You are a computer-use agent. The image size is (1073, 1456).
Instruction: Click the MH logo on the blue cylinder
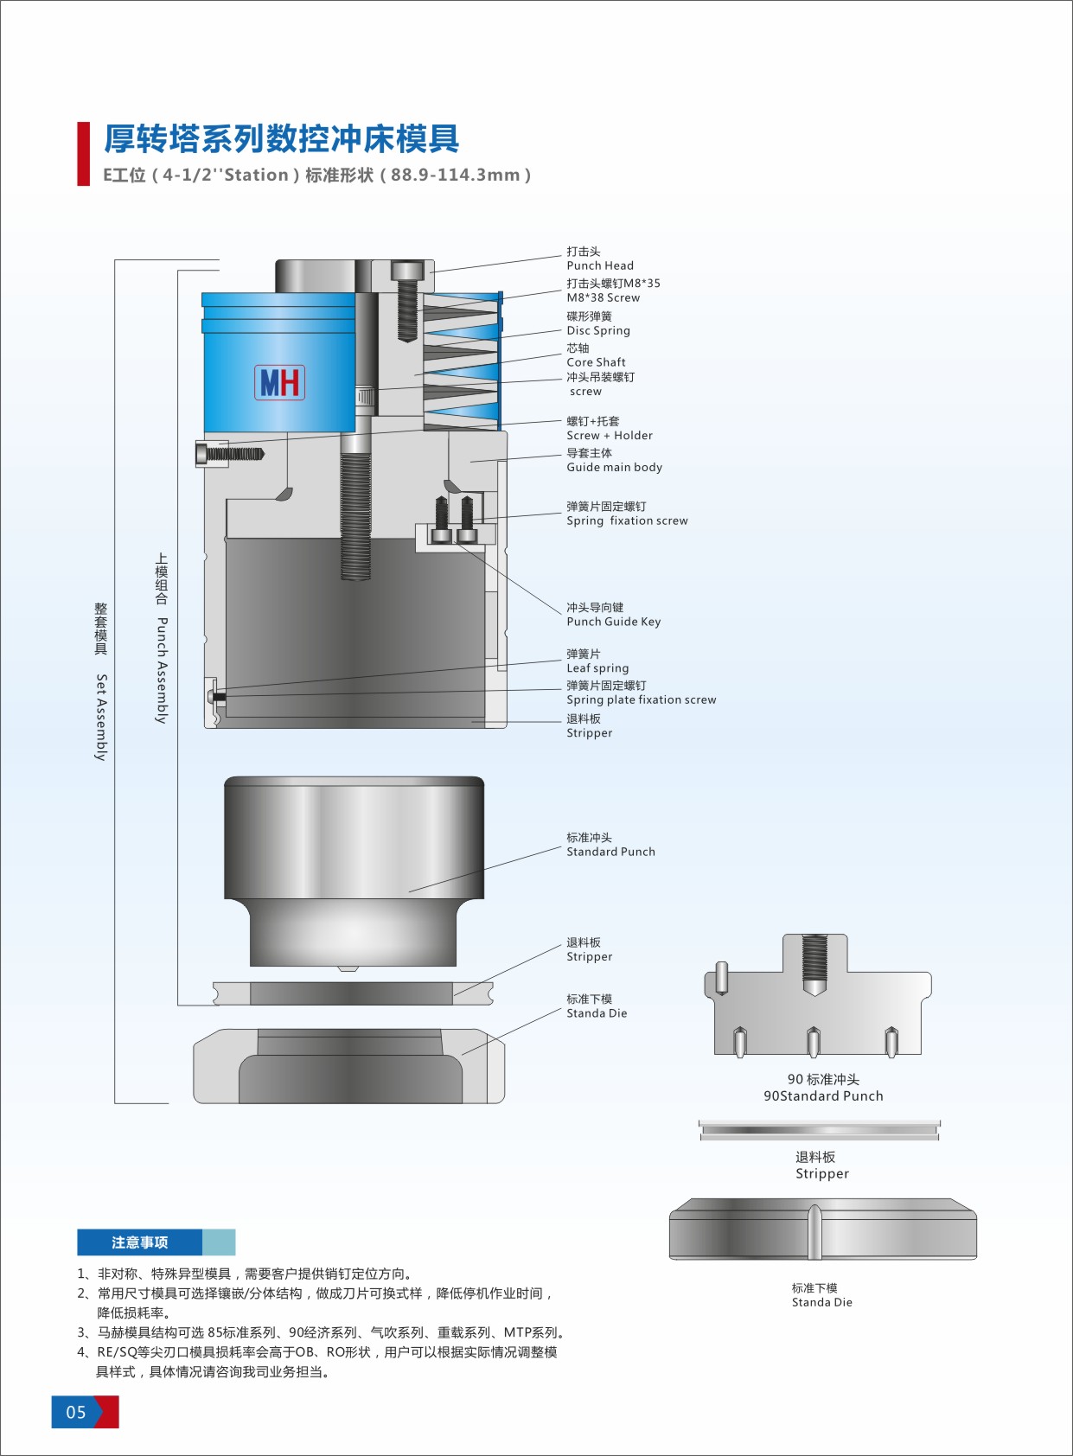pos(279,382)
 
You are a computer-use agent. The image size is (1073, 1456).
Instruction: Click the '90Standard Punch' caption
pos(823,1095)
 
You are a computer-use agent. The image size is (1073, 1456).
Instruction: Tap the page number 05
pos(77,1412)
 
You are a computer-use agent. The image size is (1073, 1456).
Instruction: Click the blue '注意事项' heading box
pos(140,1242)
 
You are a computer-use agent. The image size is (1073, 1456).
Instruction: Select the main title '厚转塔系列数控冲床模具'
pos(282,138)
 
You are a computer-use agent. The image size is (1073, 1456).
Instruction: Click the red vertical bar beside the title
pos(84,154)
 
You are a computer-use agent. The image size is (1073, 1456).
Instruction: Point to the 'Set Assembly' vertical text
pos(101,717)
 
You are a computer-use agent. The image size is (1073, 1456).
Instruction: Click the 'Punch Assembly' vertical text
pos(162,670)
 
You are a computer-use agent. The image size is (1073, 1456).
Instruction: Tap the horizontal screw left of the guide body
pos(230,453)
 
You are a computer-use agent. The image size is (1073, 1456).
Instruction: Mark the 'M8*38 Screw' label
pos(604,297)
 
